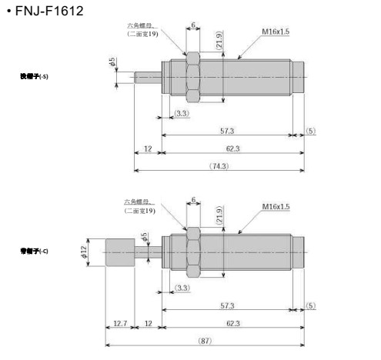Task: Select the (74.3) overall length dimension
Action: pyautogui.click(x=224, y=166)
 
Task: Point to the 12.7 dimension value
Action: pyautogui.click(x=119, y=324)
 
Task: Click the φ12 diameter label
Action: pyautogui.click(x=85, y=252)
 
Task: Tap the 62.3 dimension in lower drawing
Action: pyautogui.click(x=227, y=324)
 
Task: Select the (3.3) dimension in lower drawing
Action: pyautogui.click(x=183, y=287)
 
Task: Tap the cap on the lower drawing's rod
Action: pyautogui.click(x=119, y=252)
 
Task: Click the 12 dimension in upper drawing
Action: pyautogui.click(x=146, y=150)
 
